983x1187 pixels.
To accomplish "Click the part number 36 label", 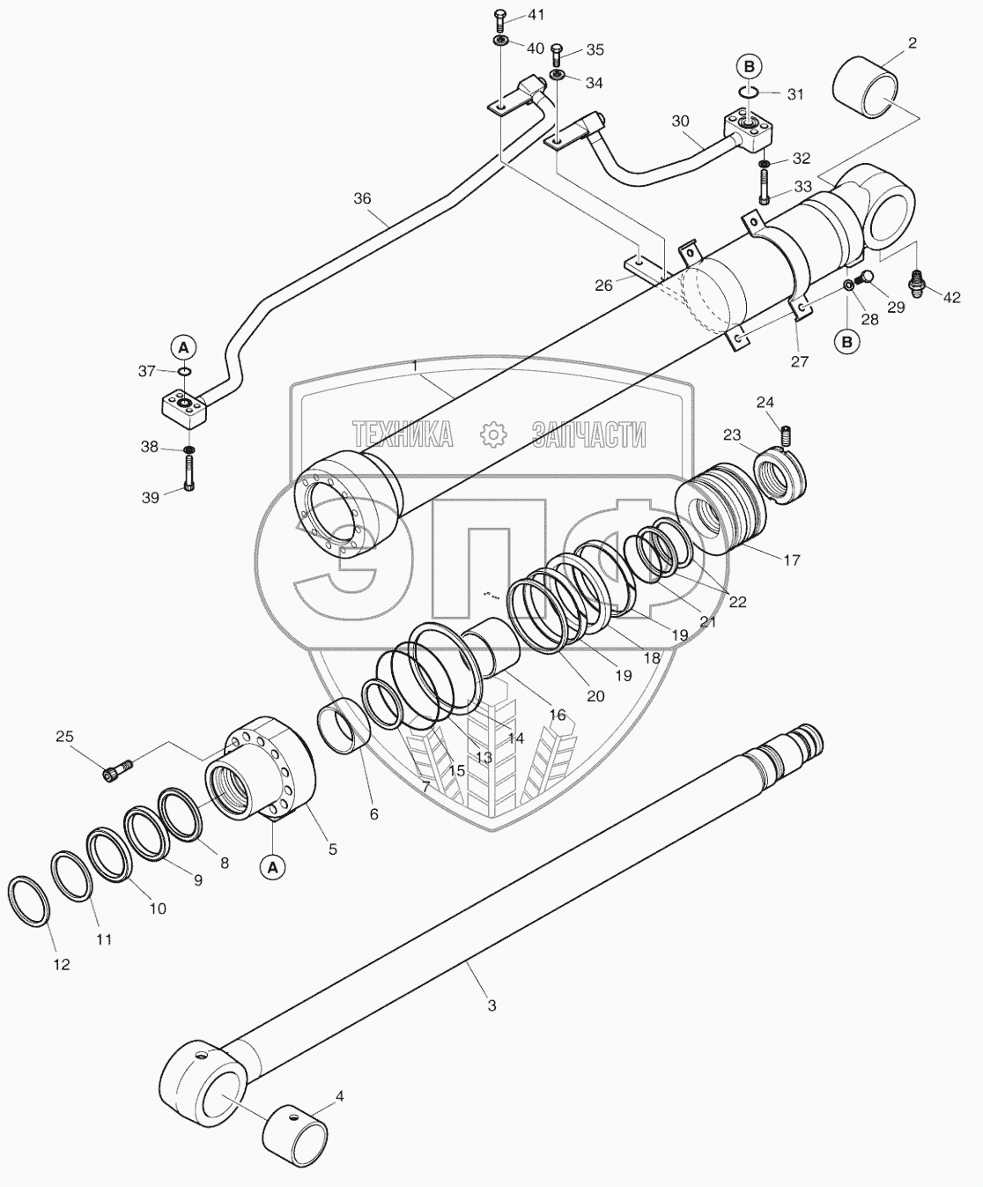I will pyautogui.click(x=362, y=199).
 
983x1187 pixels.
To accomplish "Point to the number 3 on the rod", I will pyautogui.click(x=491, y=1005).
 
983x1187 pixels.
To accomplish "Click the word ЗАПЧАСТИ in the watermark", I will pyautogui.click(x=588, y=434).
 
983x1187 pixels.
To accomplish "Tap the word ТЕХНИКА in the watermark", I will pyautogui.click(x=403, y=434).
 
